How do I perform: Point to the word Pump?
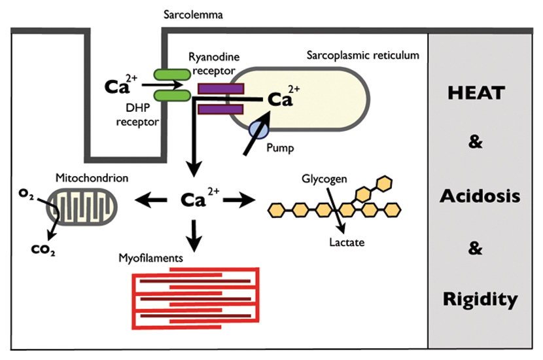click(x=281, y=149)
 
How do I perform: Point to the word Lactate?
click(x=347, y=243)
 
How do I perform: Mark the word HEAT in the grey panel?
click(x=476, y=93)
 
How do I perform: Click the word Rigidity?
click(x=480, y=300)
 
